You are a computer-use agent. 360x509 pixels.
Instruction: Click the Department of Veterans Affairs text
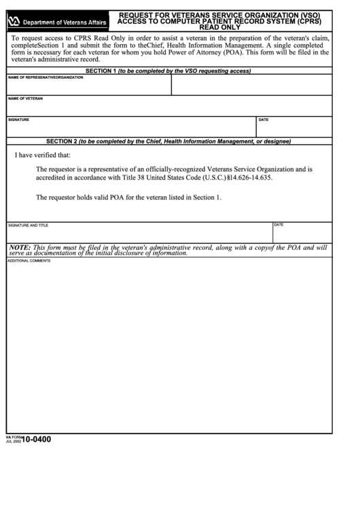click(x=61, y=23)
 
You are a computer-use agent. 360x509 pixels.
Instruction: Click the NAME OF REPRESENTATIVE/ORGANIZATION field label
click(x=46, y=77)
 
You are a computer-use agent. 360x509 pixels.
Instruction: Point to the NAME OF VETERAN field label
click(x=25, y=99)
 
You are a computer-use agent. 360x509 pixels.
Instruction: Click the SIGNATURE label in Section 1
click(x=19, y=120)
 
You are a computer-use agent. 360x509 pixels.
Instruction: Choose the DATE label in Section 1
click(x=264, y=120)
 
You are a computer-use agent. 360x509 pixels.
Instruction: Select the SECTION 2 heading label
click(x=61, y=141)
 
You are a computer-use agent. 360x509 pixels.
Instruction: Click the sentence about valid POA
click(x=128, y=198)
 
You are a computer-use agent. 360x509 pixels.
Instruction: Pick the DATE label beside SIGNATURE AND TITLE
click(x=278, y=224)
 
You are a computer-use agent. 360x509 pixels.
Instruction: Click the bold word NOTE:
click(x=20, y=247)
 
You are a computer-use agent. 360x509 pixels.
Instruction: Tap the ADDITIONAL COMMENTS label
click(x=29, y=261)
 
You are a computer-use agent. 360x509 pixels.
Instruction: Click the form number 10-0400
click(x=36, y=439)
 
